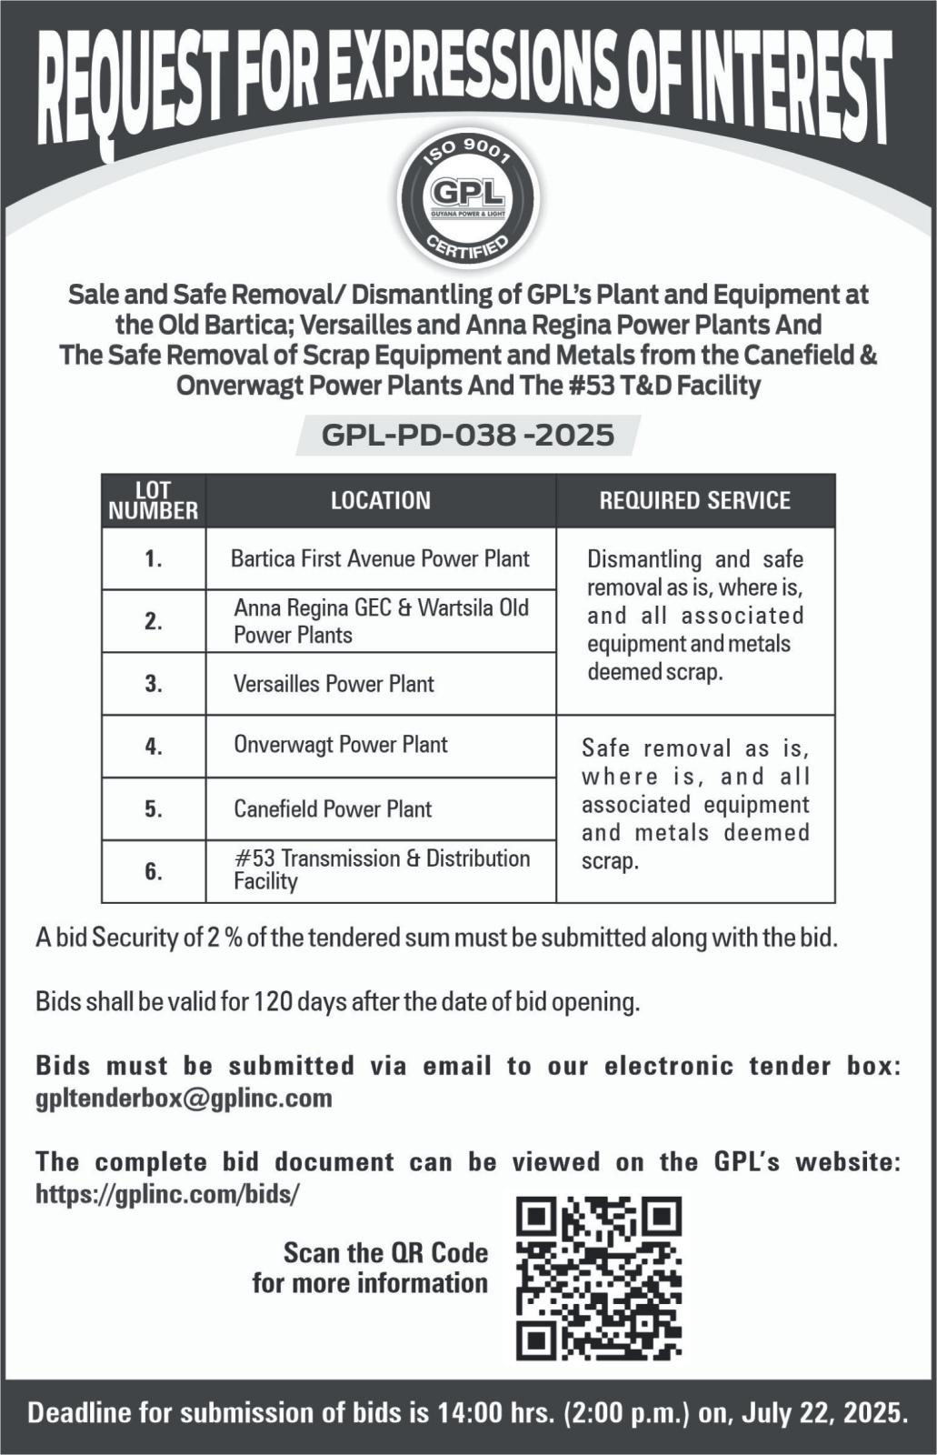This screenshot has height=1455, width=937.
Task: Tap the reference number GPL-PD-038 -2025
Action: click(x=468, y=435)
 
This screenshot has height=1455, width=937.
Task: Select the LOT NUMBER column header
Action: click(x=154, y=500)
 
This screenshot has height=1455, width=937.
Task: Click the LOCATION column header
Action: click(x=381, y=500)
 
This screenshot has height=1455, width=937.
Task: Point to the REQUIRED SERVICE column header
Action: click(x=694, y=500)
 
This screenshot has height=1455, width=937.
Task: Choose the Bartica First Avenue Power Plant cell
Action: click(x=380, y=558)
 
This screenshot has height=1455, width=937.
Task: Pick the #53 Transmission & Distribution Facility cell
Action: click(x=382, y=869)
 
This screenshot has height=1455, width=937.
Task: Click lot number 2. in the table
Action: click(x=154, y=621)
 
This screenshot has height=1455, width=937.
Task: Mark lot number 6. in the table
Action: click(x=154, y=871)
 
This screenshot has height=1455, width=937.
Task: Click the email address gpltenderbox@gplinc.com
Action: click(x=184, y=1098)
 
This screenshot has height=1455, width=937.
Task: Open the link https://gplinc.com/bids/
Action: click(x=167, y=1193)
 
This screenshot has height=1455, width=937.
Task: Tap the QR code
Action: click(x=599, y=1278)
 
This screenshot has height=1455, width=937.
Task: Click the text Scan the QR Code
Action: click(x=385, y=1253)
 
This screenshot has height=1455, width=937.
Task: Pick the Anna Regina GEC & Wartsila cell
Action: click(x=381, y=620)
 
